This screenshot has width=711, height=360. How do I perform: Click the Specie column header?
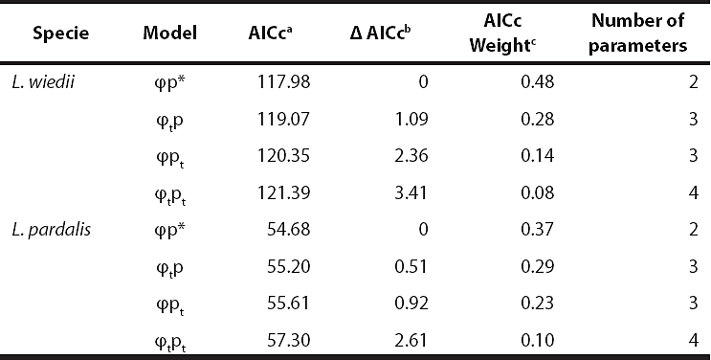pyautogui.click(x=62, y=33)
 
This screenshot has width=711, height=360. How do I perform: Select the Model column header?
pyautogui.click(x=169, y=33)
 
